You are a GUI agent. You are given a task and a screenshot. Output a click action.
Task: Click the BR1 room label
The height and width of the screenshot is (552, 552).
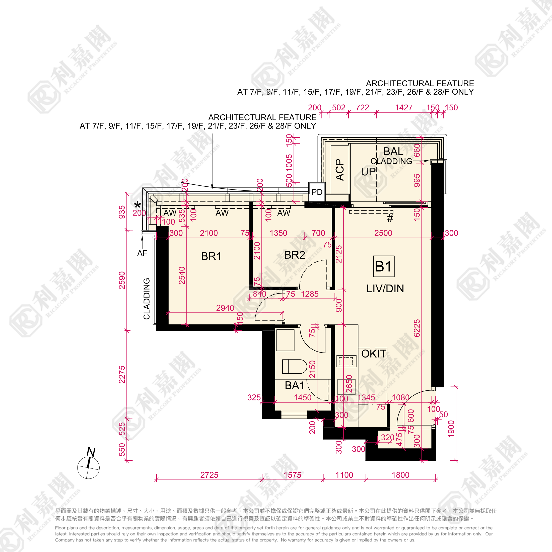click(211, 256)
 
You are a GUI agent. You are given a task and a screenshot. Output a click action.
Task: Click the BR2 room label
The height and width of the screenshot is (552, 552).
click(294, 255)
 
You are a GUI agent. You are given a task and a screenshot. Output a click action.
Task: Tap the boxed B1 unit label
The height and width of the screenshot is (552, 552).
click(383, 266)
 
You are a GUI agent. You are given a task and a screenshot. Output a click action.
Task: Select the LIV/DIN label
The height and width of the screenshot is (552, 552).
click(385, 289)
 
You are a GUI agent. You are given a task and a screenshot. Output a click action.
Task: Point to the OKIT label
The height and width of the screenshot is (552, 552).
click(373, 354)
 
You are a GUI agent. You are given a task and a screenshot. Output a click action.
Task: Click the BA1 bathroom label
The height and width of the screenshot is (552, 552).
click(295, 385)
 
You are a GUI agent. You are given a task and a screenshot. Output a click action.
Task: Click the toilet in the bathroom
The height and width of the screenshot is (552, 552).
click(294, 367)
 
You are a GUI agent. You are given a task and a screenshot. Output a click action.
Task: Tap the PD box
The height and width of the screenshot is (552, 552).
click(317, 192)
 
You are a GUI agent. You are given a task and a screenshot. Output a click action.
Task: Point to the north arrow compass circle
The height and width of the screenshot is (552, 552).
click(89, 468)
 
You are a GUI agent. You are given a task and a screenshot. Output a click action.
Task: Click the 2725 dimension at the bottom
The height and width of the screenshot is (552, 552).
click(209, 475)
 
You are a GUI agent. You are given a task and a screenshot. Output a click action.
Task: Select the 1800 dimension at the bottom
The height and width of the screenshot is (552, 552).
click(400, 475)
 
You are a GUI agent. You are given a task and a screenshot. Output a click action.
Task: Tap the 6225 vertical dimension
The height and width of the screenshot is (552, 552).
click(417, 328)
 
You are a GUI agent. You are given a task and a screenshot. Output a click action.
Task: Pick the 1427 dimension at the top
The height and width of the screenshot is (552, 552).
click(404, 107)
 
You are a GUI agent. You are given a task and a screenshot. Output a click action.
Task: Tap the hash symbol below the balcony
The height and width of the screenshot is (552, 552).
click(390, 218)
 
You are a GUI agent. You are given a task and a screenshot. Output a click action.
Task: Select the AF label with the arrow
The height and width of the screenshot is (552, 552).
click(142, 253)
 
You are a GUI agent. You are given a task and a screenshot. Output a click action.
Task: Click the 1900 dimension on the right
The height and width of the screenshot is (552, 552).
click(451, 429)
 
